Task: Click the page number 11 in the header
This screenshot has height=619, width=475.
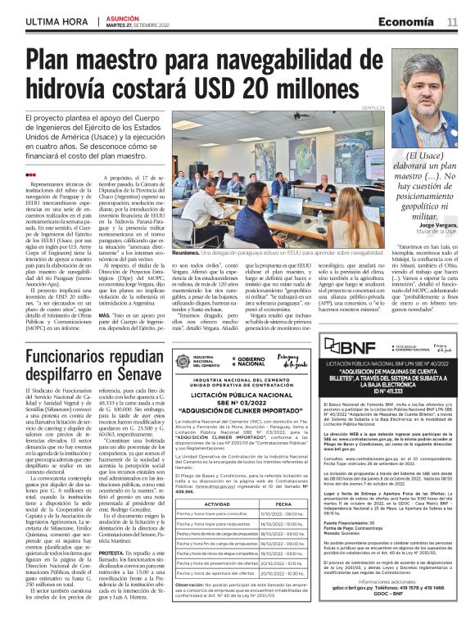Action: (x=452, y=20)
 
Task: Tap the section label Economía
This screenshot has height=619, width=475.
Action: (x=405, y=20)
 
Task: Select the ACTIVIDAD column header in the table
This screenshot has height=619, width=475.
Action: (x=216, y=482)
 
